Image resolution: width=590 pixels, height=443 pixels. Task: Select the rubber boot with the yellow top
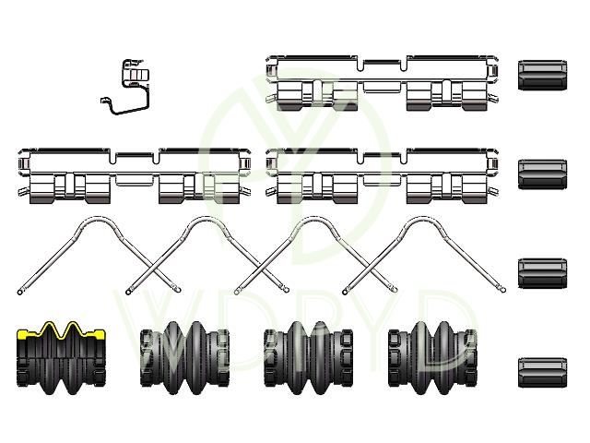tap(61, 358)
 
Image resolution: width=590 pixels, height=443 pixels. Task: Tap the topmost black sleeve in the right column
tap(543, 75)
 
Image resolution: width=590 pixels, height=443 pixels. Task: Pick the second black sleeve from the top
tap(543, 174)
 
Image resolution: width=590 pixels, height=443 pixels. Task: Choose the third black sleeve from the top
tap(543, 273)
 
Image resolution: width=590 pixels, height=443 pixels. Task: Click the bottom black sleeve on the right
tap(543, 373)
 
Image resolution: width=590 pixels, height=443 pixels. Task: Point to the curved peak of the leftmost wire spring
tap(99, 219)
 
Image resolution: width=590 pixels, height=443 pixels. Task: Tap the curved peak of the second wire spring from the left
tap(206, 219)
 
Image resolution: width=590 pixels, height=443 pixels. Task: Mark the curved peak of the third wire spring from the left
tap(315, 219)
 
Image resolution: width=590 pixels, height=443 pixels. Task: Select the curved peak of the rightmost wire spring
tap(424, 219)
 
